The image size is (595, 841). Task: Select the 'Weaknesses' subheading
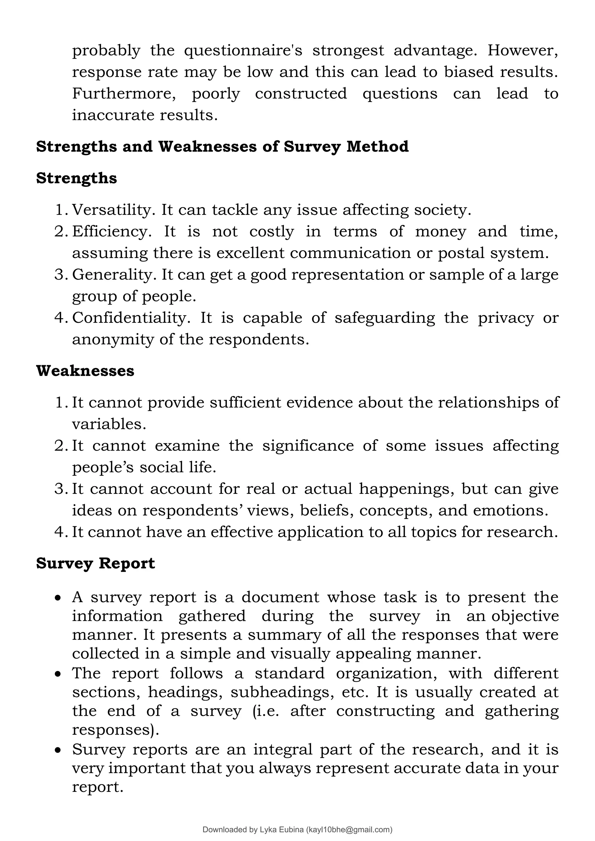(x=85, y=371)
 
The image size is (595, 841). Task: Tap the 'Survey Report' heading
(x=95, y=563)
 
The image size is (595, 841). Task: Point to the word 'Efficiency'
(x=111, y=232)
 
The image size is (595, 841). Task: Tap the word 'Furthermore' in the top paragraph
(x=123, y=94)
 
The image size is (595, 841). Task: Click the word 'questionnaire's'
(x=243, y=51)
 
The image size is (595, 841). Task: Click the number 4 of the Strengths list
(x=60, y=318)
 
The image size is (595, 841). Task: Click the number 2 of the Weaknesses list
(x=60, y=446)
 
